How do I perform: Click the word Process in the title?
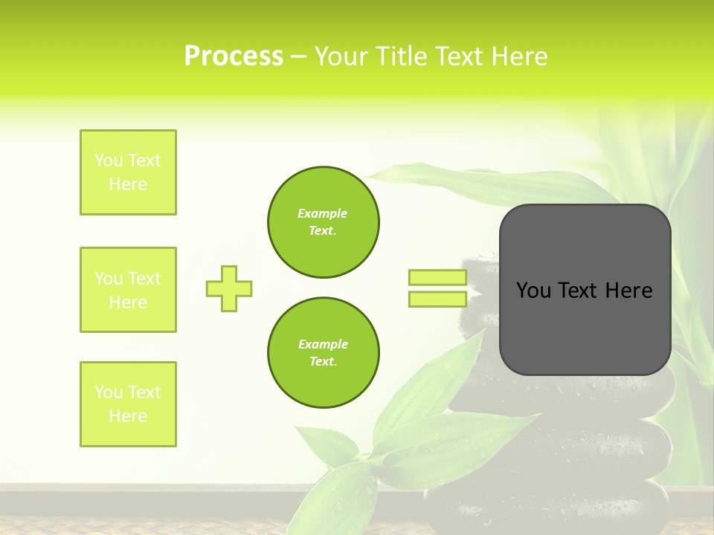234,56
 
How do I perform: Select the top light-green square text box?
128,172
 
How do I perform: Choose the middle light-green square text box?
128,290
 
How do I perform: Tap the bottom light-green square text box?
128,403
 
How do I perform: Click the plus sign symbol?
229,288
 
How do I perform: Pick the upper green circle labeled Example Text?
323,221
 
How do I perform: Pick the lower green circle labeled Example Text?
323,352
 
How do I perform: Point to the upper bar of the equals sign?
437,278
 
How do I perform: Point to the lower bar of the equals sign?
437,299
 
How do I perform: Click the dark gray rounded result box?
585,327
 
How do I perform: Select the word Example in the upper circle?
322,213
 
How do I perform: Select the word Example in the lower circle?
323,344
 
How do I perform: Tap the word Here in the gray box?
628,291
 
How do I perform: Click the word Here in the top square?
128,184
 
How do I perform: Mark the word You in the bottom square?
109,392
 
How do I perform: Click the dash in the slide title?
298,56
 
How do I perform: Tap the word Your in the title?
341,56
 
